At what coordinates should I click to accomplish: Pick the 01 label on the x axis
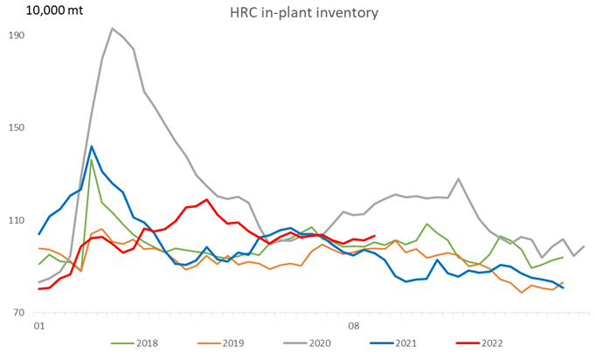coord(38,327)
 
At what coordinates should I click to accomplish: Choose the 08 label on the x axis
coord(353,327)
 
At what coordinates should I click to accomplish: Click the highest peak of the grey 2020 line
coord(112,28)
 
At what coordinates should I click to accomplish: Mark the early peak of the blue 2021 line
coord(92,147)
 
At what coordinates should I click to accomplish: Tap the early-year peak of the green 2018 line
coord(92,159)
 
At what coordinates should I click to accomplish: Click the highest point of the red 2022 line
coord(206,199)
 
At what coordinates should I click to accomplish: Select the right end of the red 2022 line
coord(374,235)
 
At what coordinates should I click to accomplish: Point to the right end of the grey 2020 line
coord(584,246)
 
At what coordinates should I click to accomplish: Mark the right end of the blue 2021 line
coord(563,287)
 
